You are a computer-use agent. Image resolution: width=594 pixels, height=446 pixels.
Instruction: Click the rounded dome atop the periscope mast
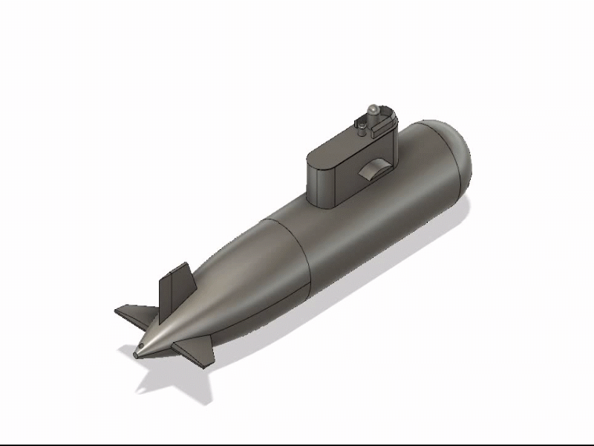pos(374,111)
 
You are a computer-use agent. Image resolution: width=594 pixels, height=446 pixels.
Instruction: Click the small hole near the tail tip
pos(141,348)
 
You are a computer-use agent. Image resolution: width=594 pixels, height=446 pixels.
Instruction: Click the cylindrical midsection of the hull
pos(371,223)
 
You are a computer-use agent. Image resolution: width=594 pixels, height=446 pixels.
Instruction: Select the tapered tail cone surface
pos(238,290)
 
